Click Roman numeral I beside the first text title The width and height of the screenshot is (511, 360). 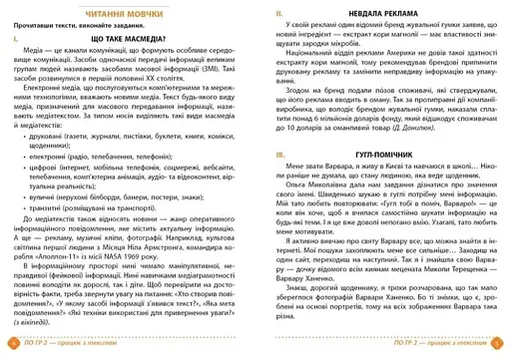coord(11,38)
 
